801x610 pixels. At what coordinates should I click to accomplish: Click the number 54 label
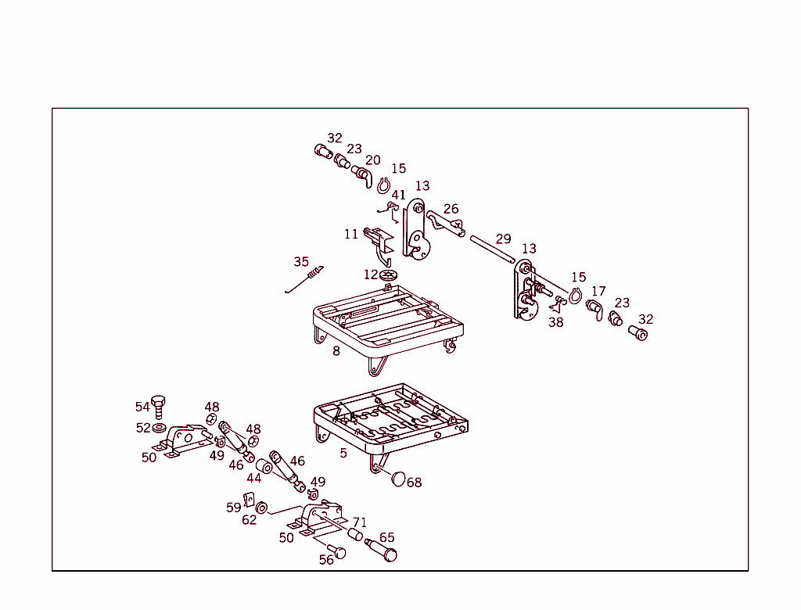[x=142, y=407]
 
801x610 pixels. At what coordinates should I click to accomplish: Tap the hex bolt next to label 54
[x=160, y=407]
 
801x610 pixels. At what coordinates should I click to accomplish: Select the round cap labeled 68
[x=400, y=478]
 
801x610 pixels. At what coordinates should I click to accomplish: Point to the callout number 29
[x=503, y=239]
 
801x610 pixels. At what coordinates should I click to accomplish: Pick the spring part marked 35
[x=307, y=280]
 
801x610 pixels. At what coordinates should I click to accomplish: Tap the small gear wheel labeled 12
[x=390, y=275]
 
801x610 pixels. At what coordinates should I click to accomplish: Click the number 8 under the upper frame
[x=336, y=350]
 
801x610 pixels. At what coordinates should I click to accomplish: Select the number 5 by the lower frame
[x=343, y=452]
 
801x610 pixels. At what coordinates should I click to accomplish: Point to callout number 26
[x=451, y=209]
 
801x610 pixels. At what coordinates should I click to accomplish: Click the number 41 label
[x=399, y=195]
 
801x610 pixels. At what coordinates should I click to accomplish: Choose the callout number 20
[x=373, y=160]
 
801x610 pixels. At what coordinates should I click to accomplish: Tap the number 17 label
[x=598, y=292]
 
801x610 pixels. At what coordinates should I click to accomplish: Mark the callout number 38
[x=555, y=321]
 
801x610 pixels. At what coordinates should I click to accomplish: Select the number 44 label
[x=254, y=478]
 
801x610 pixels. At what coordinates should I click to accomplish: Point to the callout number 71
[x=360, y=522]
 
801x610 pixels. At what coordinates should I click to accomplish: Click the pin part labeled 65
[x=383, y=550]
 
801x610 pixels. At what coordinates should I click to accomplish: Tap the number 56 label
[x=326, y=559]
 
